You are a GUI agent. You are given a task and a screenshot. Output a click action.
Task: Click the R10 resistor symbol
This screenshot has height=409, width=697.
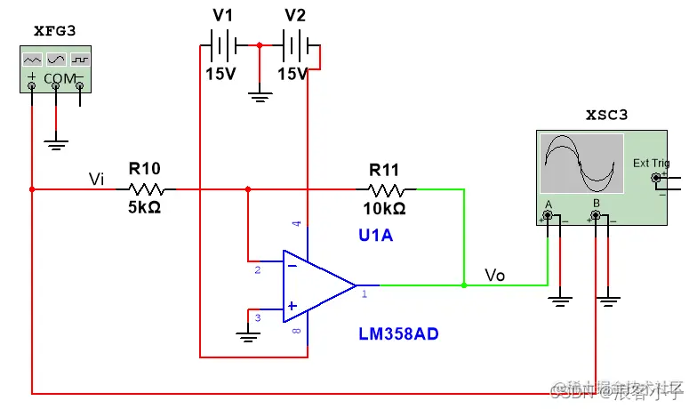pyautogui.click(x=145, y=188)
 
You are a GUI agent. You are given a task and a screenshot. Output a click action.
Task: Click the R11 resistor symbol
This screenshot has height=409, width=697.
pyautogui.click(x=387, y=188)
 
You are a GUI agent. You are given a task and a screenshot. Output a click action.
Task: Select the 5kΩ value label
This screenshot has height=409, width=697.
pyautogui.click(x=145, y=208)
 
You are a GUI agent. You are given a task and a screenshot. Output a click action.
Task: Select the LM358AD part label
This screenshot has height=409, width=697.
pyautogui.click(x=398, y=334)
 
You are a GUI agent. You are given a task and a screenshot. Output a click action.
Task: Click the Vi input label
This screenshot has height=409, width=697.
pyautogui.click(x=97, y=179)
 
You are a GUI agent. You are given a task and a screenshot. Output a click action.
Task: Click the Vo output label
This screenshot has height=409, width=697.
pyautogui.click(x=494, y=276)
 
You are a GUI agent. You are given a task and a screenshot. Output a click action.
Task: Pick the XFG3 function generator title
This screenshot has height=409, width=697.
pyautogui.click(x=55, y=30)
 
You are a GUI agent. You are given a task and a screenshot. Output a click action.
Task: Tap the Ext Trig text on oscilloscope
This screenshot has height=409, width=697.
pyautogui.click(x=651, y=163)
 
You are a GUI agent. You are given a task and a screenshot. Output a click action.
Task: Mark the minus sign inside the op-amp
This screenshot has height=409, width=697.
pyautogui.click(x=291, y=265)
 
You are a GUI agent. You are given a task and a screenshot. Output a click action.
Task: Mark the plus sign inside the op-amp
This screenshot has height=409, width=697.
pyautogui.click(x=291, y=305)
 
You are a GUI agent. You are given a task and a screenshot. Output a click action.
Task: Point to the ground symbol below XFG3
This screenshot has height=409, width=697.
pyautogui.click(x=56, y=141)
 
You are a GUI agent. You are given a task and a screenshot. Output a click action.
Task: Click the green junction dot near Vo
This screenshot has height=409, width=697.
pyautogui.click(x=464, y=285)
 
